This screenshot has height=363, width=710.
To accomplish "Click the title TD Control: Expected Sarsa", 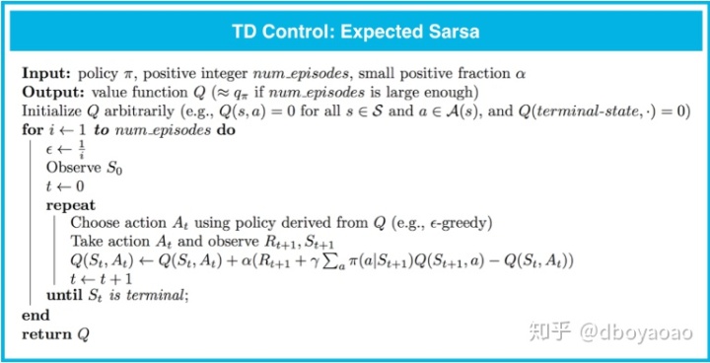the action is [x=355, y=33].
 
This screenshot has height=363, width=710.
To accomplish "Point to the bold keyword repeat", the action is [x=71, y=206].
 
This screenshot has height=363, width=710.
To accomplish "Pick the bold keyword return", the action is [x=46, y=334].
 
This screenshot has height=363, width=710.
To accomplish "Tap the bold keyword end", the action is [x=35, y=316].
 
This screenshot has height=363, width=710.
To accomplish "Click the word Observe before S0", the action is [x=72, y=168].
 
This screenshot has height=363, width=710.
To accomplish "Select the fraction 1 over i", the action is [x=81, y=149].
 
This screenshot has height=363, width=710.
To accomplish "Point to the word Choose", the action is [x=94, y=224].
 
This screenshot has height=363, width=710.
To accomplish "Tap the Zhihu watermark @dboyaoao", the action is [x=637, y=332].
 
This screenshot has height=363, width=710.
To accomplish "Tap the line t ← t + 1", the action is [x=101, y=278].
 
